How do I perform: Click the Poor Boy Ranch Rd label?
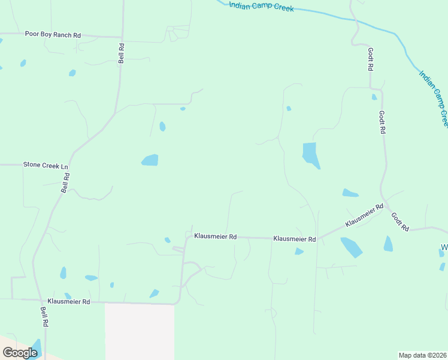point(53,35)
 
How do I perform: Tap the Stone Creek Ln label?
point(46,164)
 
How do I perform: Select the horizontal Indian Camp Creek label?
point(261,6)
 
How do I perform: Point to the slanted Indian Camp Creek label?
point(434,98)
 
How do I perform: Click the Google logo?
point(20,352)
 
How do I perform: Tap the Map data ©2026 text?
point(422,355)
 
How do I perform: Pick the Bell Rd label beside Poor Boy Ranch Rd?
point(121,53)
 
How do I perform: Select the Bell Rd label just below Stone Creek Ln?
point(66,182)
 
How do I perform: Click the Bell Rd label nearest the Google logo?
point(44,316)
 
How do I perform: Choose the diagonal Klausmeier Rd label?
point(364,215)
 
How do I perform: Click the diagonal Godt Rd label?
point(399,222)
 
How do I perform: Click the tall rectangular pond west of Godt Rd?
point(310,155)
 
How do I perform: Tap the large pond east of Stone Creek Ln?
point(150,160)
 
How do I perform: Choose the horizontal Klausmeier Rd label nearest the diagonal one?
point(294,239)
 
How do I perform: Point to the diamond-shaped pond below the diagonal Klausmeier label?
point(351,247)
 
